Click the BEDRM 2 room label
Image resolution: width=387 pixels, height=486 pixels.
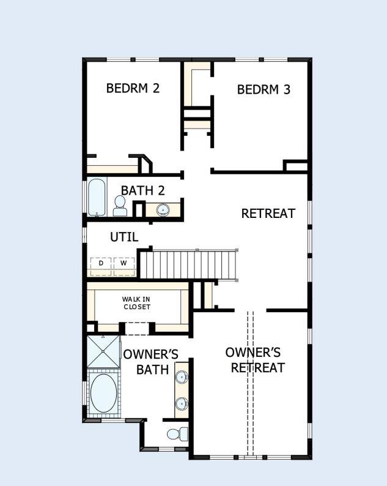tap(133, 88)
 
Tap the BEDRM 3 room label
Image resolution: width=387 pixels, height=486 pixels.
tap(264, 89)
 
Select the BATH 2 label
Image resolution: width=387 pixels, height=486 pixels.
tap(142, 190)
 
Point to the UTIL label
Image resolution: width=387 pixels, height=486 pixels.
tap(123, 236)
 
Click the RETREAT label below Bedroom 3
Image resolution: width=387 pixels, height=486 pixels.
tap(268, 214)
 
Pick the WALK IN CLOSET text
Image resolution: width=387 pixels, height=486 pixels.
tap(136, 303)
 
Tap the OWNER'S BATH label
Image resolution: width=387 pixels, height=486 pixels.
tap(150, 362)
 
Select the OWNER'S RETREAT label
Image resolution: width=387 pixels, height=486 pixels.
tap(254, 360)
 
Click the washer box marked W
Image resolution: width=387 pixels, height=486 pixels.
tap(123, 263)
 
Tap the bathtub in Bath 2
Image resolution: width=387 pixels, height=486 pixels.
tap(97, 196)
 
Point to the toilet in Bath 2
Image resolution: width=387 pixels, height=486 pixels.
tap(120, 206)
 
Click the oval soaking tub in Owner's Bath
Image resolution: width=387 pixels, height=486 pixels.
tap(103, 393)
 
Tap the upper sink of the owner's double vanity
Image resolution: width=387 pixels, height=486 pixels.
tap(182, 377)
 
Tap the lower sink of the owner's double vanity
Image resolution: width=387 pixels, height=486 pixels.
tap(182, 403)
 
